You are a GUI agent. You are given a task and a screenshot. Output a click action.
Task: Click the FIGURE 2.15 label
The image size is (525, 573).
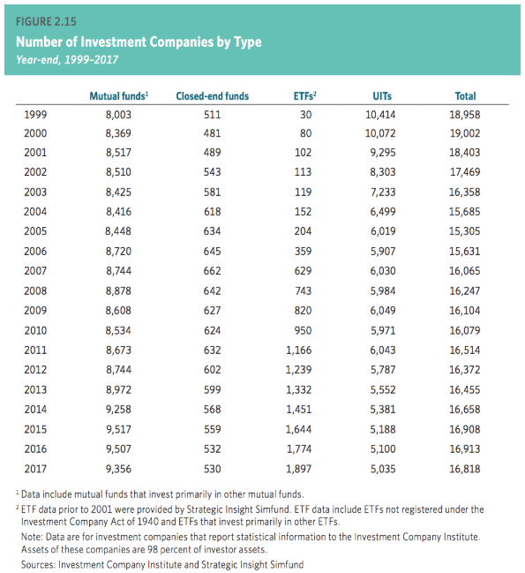click(x=46, y=21)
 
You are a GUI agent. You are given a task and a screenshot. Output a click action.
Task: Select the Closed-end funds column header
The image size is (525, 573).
click(x=212, y=96)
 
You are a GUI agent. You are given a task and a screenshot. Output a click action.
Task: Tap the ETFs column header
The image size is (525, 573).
click(x=304, y=95)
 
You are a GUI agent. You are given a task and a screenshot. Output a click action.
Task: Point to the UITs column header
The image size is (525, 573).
click(x=382, y=96)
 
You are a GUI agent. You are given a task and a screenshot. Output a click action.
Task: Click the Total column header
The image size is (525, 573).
click(x=465, y=96)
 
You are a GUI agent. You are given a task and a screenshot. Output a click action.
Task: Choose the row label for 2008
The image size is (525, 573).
click(x=35, y=290)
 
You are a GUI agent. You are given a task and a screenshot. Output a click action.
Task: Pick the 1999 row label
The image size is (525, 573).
click(x=35, y=115)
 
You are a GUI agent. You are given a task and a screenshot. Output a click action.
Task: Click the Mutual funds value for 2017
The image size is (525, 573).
click(x=118, y=469)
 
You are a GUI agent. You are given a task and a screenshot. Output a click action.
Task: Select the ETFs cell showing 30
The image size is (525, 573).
click(x=305, y=115)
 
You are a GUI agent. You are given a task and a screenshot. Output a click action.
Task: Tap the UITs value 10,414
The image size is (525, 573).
click(x=380, y=115)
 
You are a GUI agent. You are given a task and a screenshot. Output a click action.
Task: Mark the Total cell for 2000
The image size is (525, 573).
click(x=465, y=133)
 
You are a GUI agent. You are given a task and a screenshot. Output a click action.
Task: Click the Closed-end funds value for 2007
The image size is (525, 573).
click(x=212, y=271)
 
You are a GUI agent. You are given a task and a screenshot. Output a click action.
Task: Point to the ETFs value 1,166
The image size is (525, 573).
click(x=298, y=351)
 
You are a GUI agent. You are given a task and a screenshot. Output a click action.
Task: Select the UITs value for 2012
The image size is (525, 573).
click(x=383, y=370)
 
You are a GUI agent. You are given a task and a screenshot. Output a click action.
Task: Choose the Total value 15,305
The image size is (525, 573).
click(x=464, y=231)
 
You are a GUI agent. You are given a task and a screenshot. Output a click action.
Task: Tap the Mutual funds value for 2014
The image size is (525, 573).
click(x=118, y=410)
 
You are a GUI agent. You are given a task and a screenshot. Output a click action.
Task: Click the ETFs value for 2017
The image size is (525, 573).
click(x=298, y=469)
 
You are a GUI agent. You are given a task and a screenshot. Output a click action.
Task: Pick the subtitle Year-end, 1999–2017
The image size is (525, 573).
click(x=67, y=59)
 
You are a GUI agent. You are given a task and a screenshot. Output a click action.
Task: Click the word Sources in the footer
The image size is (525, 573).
click(x=38, y=564)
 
